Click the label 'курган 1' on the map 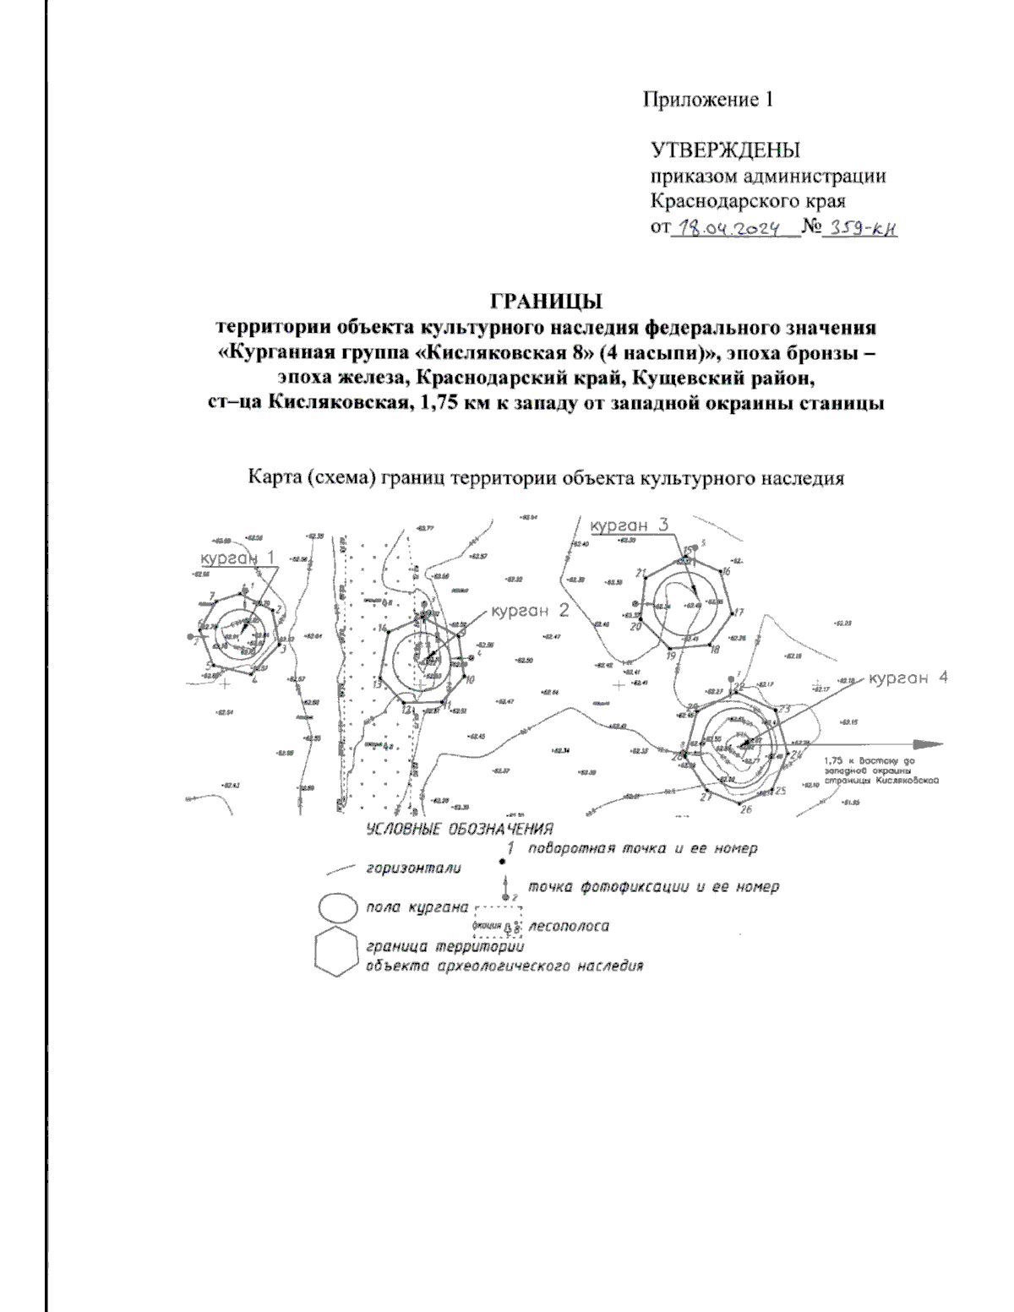pyautogui.click(x=237, y=558)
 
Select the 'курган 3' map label pyautogui.click(x=630, y=525)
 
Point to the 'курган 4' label pyautogui.click(x=909, y=678)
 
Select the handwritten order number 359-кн pyautogui.click(x=859, y=228)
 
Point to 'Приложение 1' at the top pyautogui.click(x=708, y=100)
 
